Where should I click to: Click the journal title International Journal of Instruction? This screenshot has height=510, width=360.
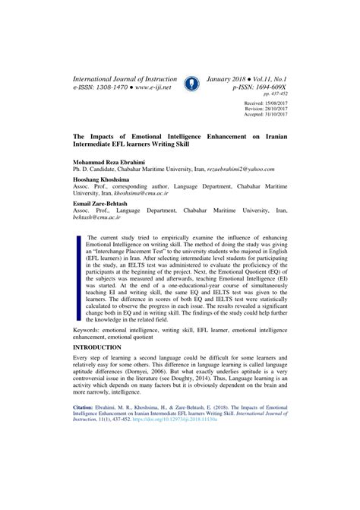125,79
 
